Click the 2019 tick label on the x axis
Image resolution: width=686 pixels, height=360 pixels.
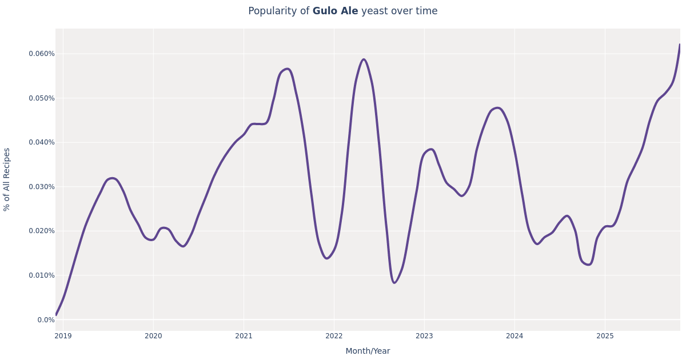pos(63,336)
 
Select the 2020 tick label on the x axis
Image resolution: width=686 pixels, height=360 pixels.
pos(153,336)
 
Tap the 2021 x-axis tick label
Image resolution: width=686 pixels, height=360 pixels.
pos(244,336)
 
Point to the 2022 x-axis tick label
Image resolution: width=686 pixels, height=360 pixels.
pos(334,336)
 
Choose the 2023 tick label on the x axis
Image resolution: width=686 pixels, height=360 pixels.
pos(424,336)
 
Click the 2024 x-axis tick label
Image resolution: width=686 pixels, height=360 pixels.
pos(514,336)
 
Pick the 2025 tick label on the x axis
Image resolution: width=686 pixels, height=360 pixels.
pos(605,336)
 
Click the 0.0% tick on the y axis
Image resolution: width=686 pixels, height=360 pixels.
pos(46,320)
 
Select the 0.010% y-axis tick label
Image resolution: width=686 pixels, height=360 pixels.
pos(42,275)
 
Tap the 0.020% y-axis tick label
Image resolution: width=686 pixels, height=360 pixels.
pos(42,231)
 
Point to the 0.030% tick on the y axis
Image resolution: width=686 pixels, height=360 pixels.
pos(42,187)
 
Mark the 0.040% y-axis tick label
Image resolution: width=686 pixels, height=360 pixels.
pos(42,142)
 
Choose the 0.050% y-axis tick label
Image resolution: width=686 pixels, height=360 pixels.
pos(42,98)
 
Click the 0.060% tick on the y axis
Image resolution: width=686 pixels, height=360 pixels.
pos(42,54)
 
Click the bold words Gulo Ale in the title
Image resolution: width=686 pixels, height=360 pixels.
pos(335,11)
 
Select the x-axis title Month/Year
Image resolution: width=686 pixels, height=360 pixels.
pos(368,351)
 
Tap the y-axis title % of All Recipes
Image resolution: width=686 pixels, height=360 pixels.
pos(7,179)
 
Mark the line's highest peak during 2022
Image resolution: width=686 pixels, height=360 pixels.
pos(364,59)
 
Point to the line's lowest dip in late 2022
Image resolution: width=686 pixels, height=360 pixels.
pos(394,282)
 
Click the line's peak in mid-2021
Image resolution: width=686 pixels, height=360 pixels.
pos(287,69)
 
